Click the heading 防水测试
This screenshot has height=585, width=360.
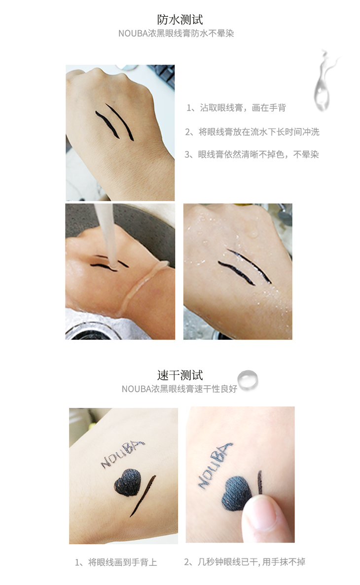(180, 19)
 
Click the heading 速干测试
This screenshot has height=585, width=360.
(180, 375)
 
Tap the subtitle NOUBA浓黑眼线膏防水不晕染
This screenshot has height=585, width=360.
(176, 34)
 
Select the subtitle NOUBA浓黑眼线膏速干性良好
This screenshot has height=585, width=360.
(180, 389)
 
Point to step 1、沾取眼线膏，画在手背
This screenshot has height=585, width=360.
(236, 108)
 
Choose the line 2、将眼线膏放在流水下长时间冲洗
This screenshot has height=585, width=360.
(252, 132)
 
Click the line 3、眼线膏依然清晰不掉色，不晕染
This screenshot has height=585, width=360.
(252, 154)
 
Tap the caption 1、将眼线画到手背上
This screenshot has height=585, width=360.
(116, 562)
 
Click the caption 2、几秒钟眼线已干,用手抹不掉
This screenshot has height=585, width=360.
(245, 562)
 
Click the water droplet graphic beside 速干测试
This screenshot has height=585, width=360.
(248, 380)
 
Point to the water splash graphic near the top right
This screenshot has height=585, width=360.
(324, 80)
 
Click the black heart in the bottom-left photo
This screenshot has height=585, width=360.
(128, 482)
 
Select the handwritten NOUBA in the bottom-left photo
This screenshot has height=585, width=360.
(122, 454)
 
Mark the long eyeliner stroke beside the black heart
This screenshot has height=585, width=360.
(143, 496)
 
